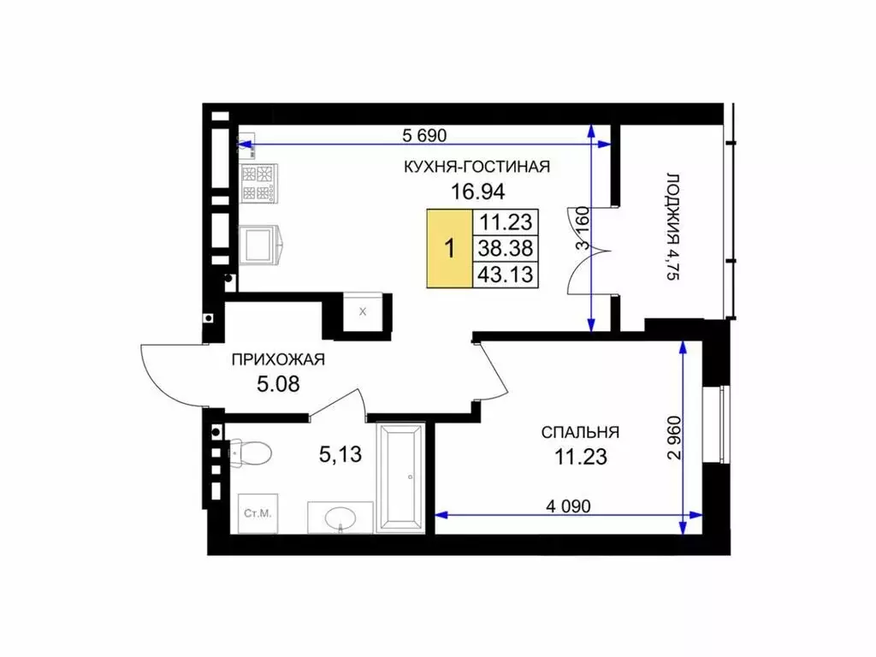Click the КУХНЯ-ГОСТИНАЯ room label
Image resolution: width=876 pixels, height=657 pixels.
tap(476, 167)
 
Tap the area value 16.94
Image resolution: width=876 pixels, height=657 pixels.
tap(477, 192)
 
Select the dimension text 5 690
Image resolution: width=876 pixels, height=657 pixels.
tap(424, 135)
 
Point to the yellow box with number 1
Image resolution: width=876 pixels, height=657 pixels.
tap(450, 249)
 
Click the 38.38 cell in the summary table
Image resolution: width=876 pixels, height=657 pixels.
tap(506, 248)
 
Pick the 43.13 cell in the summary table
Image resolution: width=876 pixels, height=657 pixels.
tap(506, 275)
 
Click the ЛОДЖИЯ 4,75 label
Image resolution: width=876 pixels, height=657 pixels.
tap(673, 226)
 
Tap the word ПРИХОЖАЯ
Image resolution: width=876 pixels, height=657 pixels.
tap(278, 359)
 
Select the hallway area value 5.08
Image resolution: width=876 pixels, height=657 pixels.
tap(278, 384)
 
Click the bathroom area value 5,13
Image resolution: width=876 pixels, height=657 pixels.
tap(340, 454)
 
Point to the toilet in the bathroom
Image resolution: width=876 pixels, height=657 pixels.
tap(251, 452)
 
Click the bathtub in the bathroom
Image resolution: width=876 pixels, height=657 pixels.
tap(400, 477)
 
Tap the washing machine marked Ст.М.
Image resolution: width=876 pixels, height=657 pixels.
tap(257, 513)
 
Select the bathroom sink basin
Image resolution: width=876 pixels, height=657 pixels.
tap(340, 517)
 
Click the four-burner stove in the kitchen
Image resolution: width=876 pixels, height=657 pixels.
tap(258, 183)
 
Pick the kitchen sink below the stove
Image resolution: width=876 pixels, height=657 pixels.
tap(261, 244)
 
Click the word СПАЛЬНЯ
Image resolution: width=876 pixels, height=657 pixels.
tap(580, 432)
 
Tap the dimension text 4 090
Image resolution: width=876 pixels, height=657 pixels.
tap(568, 506)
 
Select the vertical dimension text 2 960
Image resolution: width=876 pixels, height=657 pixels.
tap(675, 437)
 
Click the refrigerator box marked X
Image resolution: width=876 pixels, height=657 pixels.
tap(363, 311)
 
